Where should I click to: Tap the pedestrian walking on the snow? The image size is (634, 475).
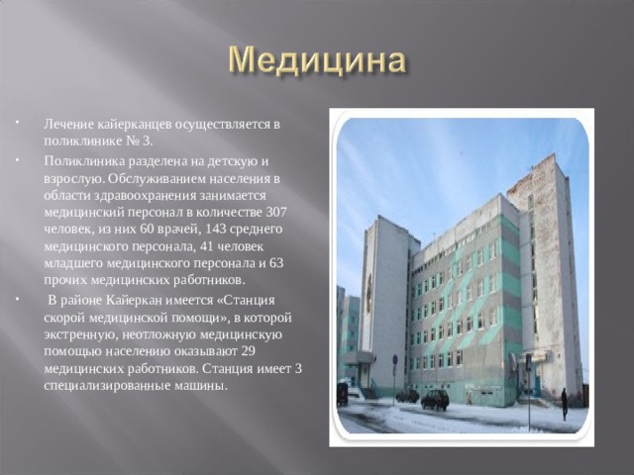(565, 402)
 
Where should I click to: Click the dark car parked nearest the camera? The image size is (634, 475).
(435, 399)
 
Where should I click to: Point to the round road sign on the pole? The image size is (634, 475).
(393, 359)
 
